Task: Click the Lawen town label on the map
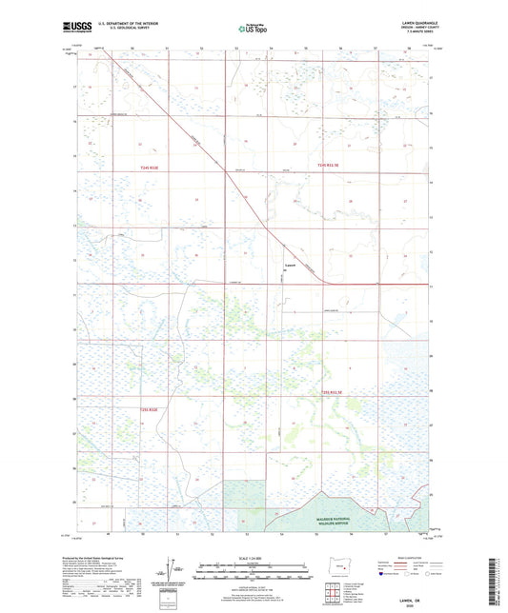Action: click(293, 266)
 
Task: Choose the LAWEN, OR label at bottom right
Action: click(415, 598)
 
